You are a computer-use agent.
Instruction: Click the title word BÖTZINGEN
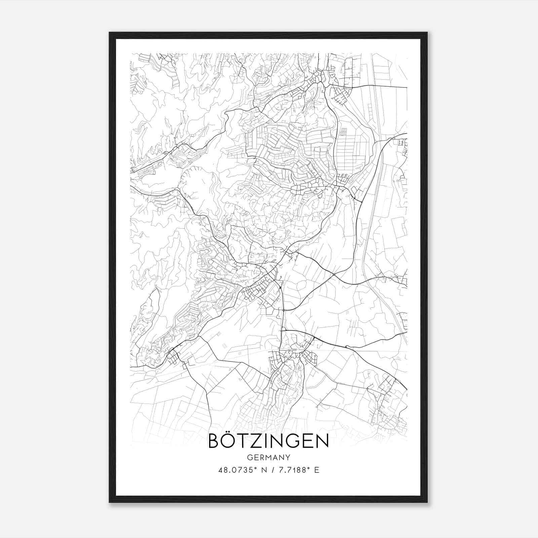(x=269, y=441)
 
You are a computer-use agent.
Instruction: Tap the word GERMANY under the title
(x=269, y=457)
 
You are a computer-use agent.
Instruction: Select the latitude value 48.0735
(x=233, y=470)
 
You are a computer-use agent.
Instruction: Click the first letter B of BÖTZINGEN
(x=214, y=441)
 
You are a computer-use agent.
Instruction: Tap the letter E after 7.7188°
(x=316, y=470)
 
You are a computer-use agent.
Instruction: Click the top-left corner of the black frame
(x=110, y=33)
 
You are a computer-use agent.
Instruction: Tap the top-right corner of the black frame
(x=427, y=33)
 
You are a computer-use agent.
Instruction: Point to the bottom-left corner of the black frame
(x=110, y=502)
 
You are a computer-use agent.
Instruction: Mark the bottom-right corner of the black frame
(x=427, y=502)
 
